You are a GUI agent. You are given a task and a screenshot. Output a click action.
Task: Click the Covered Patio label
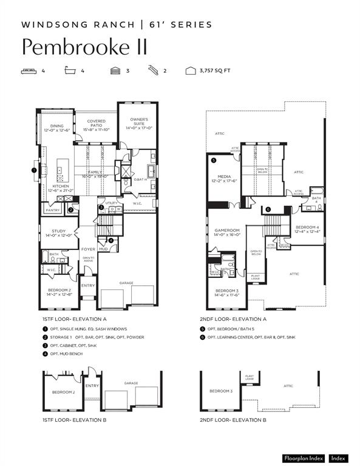click(96, 125)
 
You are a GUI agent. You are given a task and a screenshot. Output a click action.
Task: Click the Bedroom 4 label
click(306, 229)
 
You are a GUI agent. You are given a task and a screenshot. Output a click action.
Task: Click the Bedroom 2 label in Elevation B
click(63, 392)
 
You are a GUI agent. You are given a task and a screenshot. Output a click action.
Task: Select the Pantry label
click(52, 211)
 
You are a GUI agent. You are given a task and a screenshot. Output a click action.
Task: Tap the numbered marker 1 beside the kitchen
click(34, 171)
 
